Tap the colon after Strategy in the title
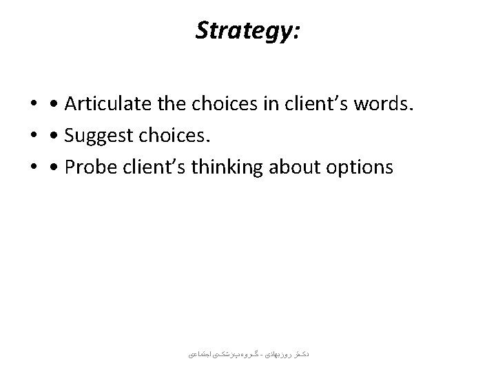pos(296,33)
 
